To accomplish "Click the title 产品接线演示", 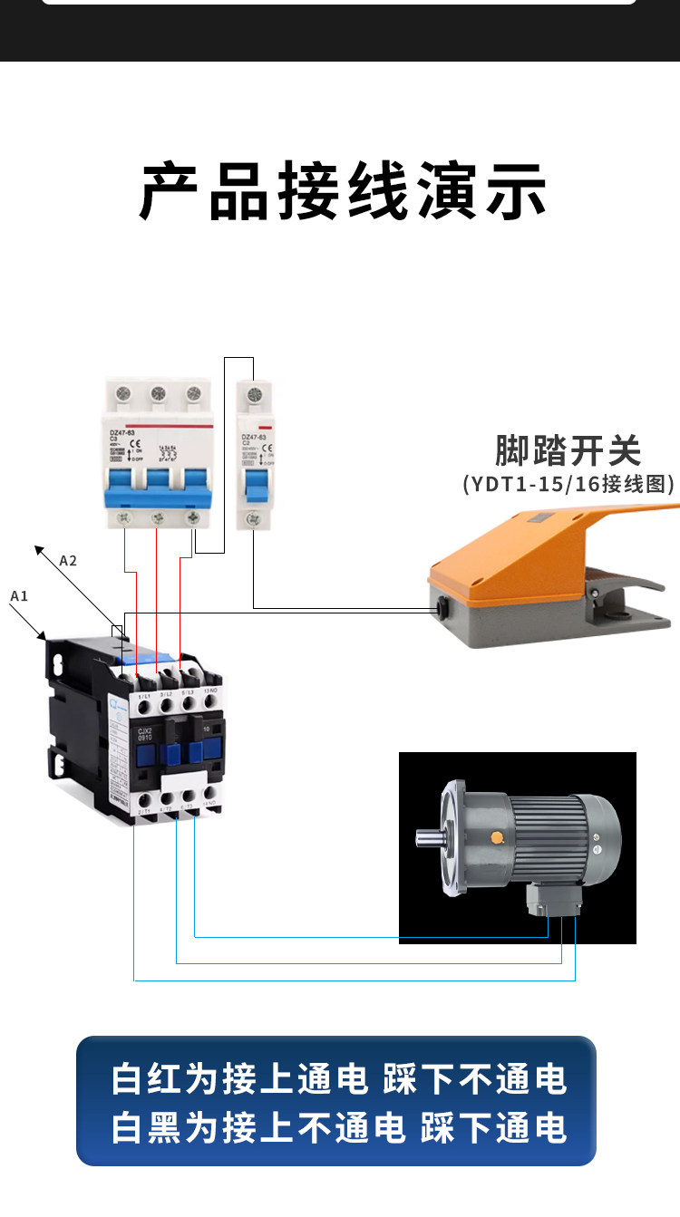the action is tap(343, 191).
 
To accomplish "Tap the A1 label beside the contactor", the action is tap(19, 595).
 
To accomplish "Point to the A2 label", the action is tap(68, 560).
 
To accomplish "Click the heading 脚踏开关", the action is tap(568, 450).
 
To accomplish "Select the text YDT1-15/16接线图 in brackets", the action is tap(568, 484).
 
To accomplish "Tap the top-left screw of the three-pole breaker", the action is tap(123, 393).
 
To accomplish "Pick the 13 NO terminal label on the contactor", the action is tap(210, 691).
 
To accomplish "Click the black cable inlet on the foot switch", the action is tap(442, 609).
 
